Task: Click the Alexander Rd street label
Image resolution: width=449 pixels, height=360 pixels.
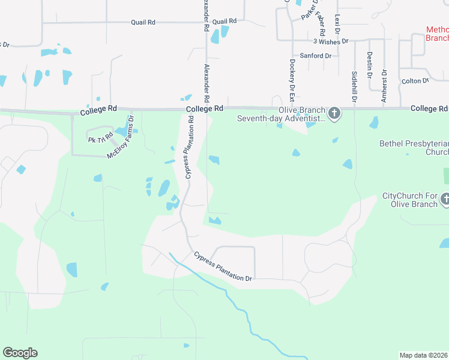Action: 206,82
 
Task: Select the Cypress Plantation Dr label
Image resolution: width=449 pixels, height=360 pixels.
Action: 223,266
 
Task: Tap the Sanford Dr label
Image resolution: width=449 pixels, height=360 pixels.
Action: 316,56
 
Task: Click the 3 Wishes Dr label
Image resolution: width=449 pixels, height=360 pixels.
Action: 331,41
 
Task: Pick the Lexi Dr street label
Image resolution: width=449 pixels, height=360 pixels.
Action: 337,25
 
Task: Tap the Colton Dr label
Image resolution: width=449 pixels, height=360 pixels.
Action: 415,80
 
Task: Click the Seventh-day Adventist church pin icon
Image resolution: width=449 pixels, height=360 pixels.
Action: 335,112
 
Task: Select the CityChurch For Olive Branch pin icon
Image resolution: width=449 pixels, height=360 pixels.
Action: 445,199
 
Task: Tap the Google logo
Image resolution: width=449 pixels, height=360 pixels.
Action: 20,353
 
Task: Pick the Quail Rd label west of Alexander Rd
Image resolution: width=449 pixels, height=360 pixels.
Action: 143,22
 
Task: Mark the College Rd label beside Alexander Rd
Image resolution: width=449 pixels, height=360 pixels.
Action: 205,109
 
